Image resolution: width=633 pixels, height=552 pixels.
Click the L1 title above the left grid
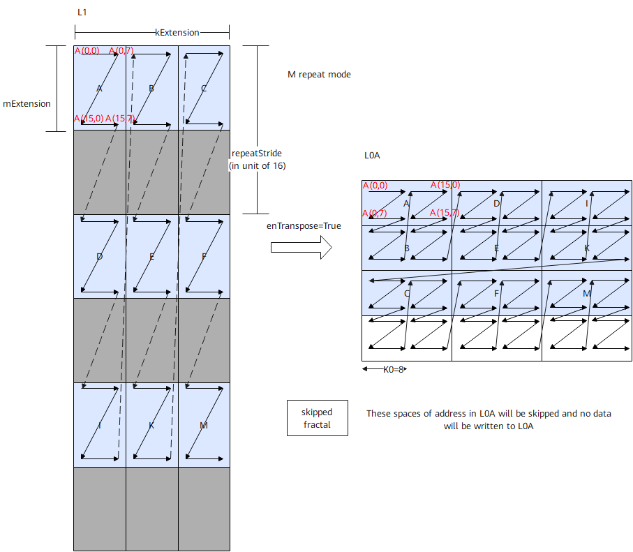click(82, 13)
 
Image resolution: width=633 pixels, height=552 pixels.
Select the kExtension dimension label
click(177, 33)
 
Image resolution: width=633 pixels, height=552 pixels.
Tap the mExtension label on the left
click(27, 104)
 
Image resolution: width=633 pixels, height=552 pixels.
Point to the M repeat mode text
click(319, 74)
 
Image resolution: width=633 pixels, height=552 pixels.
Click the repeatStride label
click(257, 154)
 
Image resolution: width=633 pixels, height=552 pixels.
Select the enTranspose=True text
click(304, 226)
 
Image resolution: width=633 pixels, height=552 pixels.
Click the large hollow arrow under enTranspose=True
click(301, 247)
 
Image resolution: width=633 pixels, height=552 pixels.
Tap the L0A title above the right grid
click(372, 156)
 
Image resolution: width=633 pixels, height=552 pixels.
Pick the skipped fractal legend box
click(318, 418)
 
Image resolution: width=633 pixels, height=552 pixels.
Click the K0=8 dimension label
click(393, 369)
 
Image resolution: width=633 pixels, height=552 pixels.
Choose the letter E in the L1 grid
click(151, 257)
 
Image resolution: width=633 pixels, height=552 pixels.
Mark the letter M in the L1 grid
click(204, 425)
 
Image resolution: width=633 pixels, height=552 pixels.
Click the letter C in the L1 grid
click(204, 89)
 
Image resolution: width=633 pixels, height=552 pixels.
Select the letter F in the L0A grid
click(496, 294)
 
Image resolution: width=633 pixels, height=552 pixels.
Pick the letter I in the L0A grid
click(586, 203)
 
